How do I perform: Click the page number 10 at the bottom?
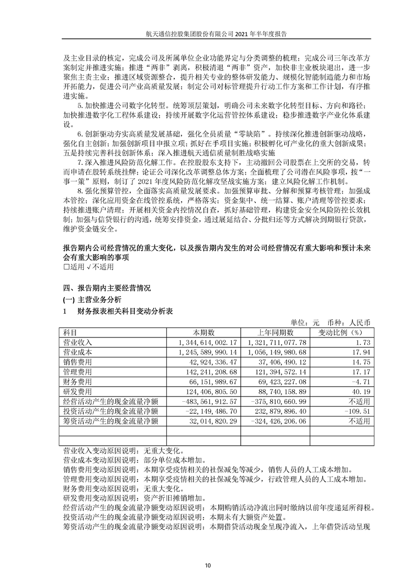[208, 565]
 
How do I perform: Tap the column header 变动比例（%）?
[341, 332]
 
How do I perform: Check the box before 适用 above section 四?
[65, 266]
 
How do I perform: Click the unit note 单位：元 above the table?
[305, 322]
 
